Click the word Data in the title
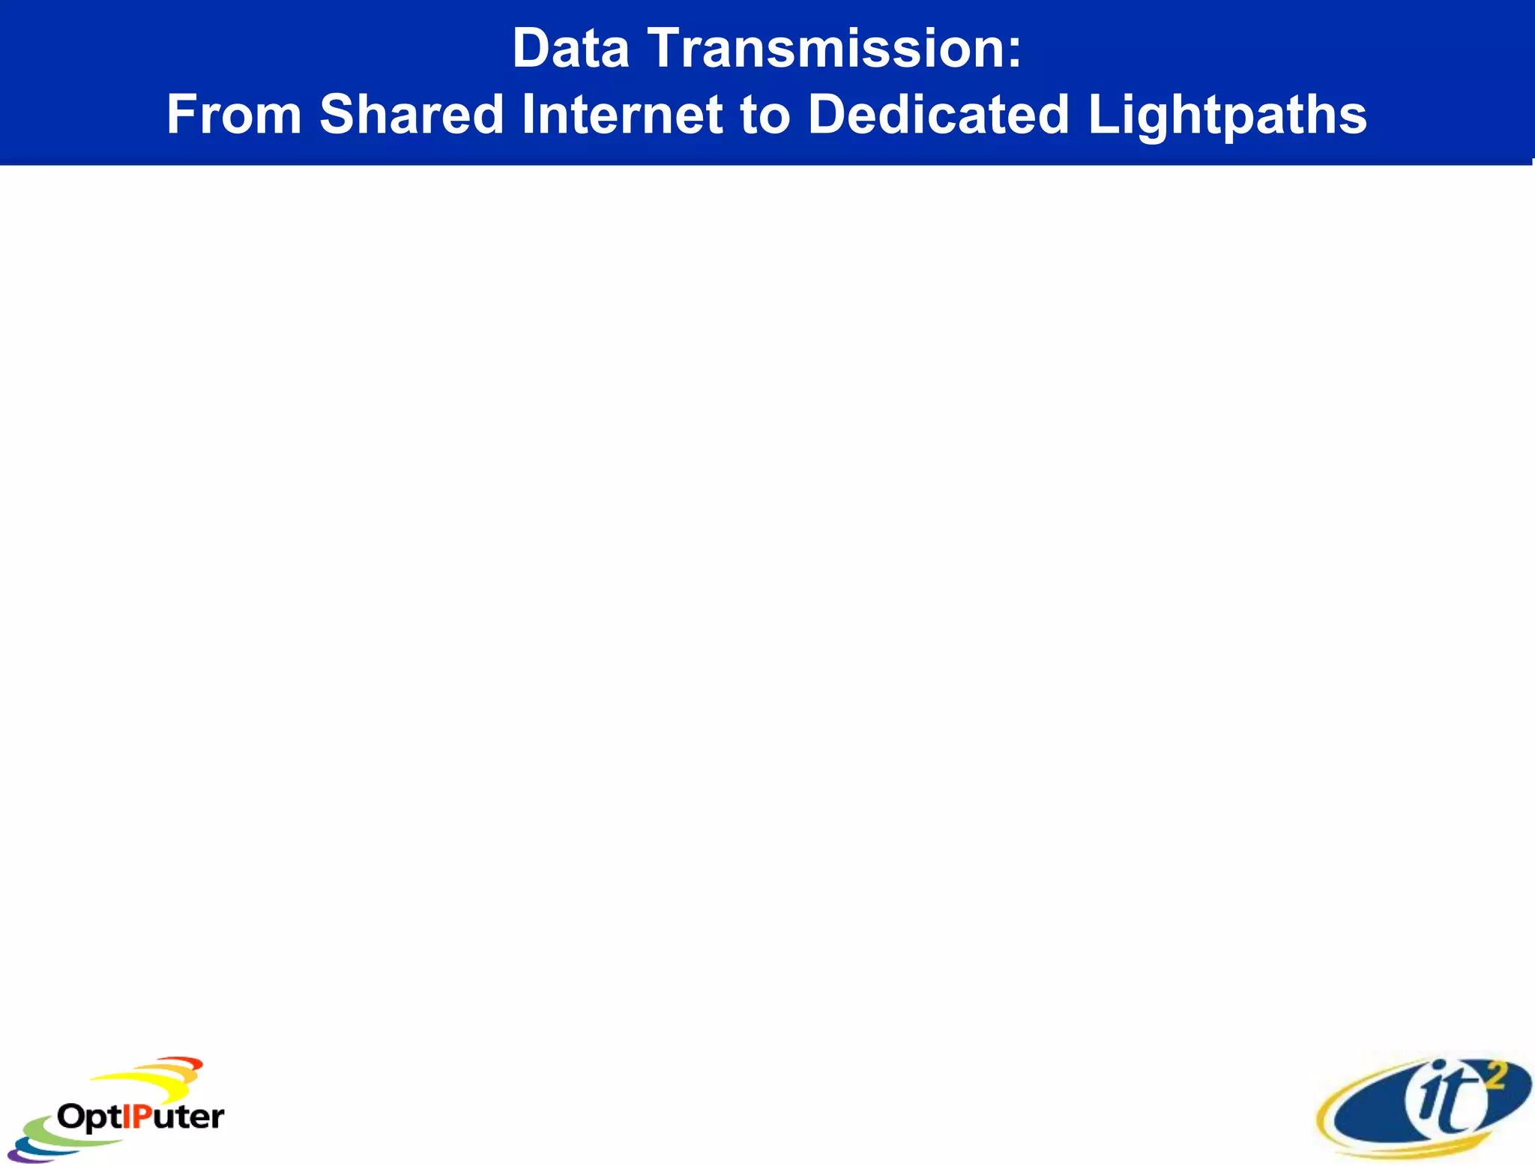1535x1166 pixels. (x=570, y=49)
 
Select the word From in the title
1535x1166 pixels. (x=234, y=115)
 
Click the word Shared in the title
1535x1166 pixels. (x=411, y=115)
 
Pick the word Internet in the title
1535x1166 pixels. (x=621, y=115)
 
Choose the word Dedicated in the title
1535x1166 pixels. (x=938, y=115)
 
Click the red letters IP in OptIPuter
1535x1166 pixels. (x=136, y=1117)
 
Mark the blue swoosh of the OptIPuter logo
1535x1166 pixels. (x=34, y=1146)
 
